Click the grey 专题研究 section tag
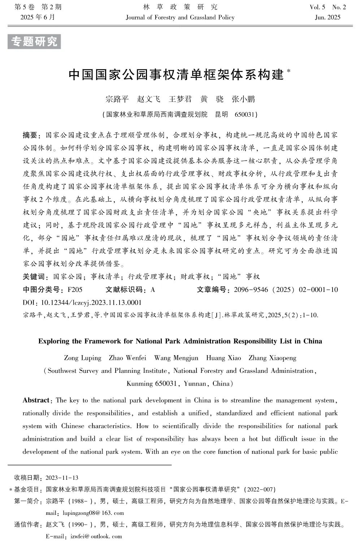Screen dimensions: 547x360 point(34,42)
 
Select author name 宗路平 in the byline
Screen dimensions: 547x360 point(117,99)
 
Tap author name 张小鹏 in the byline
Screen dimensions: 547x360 point(243,99)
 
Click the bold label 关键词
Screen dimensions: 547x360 point(34,277)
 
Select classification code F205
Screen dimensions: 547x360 point(75,290)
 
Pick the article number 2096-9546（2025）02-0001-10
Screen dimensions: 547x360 point(286,290)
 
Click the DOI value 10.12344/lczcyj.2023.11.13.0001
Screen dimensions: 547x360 point(92,302)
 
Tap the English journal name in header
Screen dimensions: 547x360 point(180,17)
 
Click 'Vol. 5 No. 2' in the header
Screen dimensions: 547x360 point(327,7)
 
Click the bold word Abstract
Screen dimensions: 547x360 point(36,400)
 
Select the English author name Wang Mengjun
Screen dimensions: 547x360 point(176,358)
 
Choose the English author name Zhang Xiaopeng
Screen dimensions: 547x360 point(272,358)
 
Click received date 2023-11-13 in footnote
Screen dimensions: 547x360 point(62,478)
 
